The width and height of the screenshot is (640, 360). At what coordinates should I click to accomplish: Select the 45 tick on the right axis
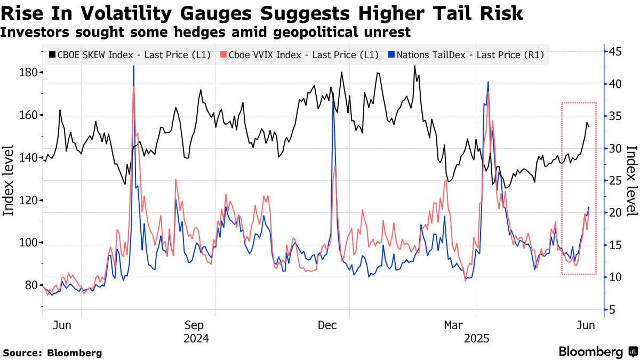(617, 52)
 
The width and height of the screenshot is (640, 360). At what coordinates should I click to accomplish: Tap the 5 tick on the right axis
(613, 310)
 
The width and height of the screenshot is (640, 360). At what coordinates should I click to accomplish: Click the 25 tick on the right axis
(617, 181)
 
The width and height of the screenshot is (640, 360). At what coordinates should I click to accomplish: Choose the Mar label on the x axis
(455, 325)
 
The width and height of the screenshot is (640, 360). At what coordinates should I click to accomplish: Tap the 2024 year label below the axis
(196, 339)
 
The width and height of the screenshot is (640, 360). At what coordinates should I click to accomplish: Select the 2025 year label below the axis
(477, 339)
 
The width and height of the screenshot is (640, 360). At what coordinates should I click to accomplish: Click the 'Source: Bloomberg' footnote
(52, 353)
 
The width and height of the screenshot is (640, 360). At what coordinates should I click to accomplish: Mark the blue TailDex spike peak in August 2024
(133, 66)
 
